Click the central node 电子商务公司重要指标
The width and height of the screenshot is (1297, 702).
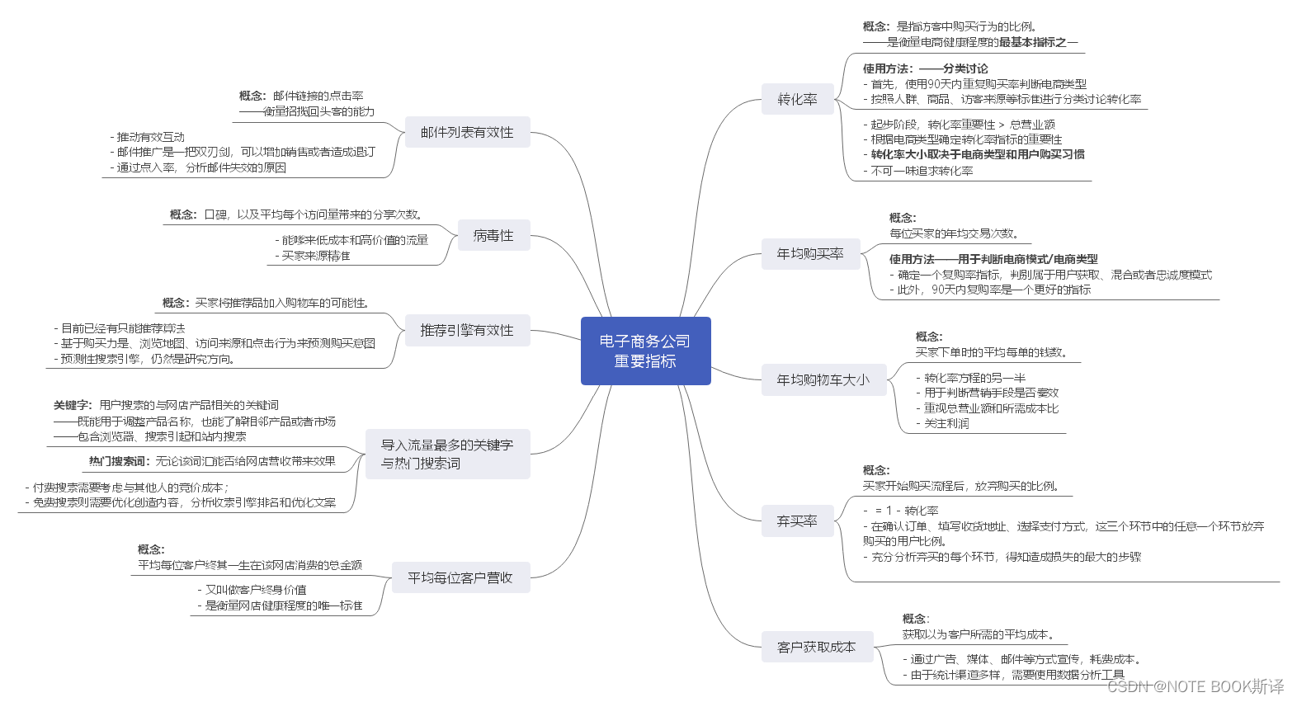click(x=645, y=351)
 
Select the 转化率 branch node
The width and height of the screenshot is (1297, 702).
click(x=797, y=99)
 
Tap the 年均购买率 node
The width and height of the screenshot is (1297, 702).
click(x=810, y=254)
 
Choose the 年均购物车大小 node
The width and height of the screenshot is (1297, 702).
click(x=823, y=379)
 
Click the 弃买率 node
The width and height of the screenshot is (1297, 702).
click(x=797, y=521)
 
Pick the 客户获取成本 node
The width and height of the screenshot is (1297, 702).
click(x=816, y=647)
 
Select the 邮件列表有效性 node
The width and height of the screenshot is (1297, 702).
click(x=467, y=132)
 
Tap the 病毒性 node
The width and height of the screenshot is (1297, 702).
click(x=493, y=235)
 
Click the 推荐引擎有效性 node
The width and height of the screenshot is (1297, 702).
click(x=467, y=330)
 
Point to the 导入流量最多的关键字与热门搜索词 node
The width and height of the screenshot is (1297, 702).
click(x=447, y=454)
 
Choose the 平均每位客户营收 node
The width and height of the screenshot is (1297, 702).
click(x=460, y=577)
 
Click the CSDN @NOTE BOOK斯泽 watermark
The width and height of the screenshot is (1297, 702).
click(x=1196, y=686)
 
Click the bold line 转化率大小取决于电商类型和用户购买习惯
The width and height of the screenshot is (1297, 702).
click(x=978, y=154)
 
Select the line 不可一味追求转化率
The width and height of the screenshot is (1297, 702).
click(x=922, y=171)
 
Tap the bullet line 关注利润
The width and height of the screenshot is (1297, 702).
click(x=946, y=423)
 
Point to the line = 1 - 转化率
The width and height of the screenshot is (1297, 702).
click(x=906, y=511)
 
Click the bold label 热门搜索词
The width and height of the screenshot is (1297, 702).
click(x=120, y=461)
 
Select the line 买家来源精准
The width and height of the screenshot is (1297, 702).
click(x=316, y=256)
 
